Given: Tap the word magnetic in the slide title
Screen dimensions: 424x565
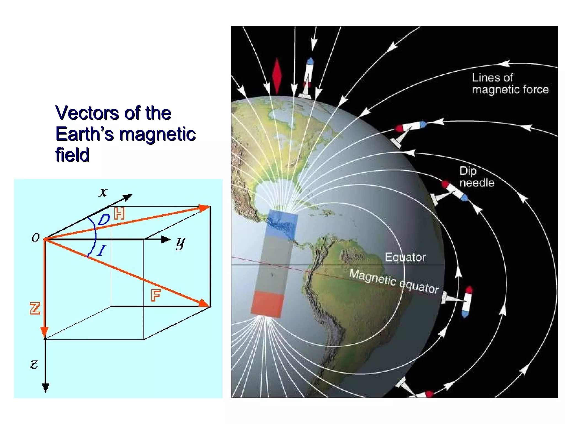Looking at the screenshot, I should (158, 134).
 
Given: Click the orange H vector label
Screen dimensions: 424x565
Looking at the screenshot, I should (119, 214).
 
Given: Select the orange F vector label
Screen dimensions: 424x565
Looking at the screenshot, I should (156, 295).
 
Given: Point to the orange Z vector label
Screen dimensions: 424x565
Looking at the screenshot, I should (35, 308).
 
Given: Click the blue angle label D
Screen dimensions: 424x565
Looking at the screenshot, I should (104, 220).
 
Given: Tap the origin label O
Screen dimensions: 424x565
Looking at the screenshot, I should (36, 238).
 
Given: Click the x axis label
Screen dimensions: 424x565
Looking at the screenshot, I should (103, 192).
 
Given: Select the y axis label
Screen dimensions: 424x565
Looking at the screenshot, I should (181, 243).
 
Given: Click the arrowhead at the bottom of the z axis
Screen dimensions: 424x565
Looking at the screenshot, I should (46, 388).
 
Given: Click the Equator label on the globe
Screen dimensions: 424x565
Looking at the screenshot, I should (405, 257).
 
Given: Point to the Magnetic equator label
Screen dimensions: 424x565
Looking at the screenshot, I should (394, 281).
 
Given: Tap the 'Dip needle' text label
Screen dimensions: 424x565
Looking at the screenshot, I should (476, 177).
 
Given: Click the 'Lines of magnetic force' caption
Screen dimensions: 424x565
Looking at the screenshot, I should (510, 83).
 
